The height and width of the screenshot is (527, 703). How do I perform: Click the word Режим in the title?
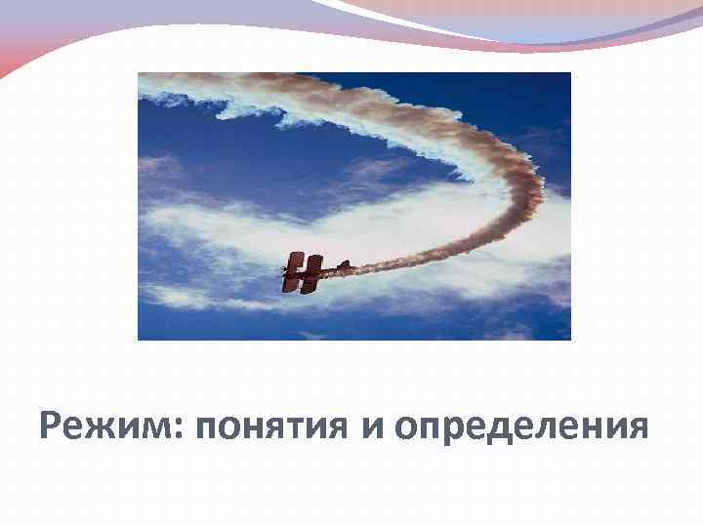tap(102, 427)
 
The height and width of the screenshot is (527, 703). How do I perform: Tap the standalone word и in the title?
tap(375, 429)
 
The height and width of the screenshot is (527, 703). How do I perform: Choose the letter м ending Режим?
tap(156, 429)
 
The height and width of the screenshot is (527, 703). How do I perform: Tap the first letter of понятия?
tap(207, 429)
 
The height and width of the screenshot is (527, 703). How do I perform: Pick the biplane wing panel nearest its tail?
tap(313, 273)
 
